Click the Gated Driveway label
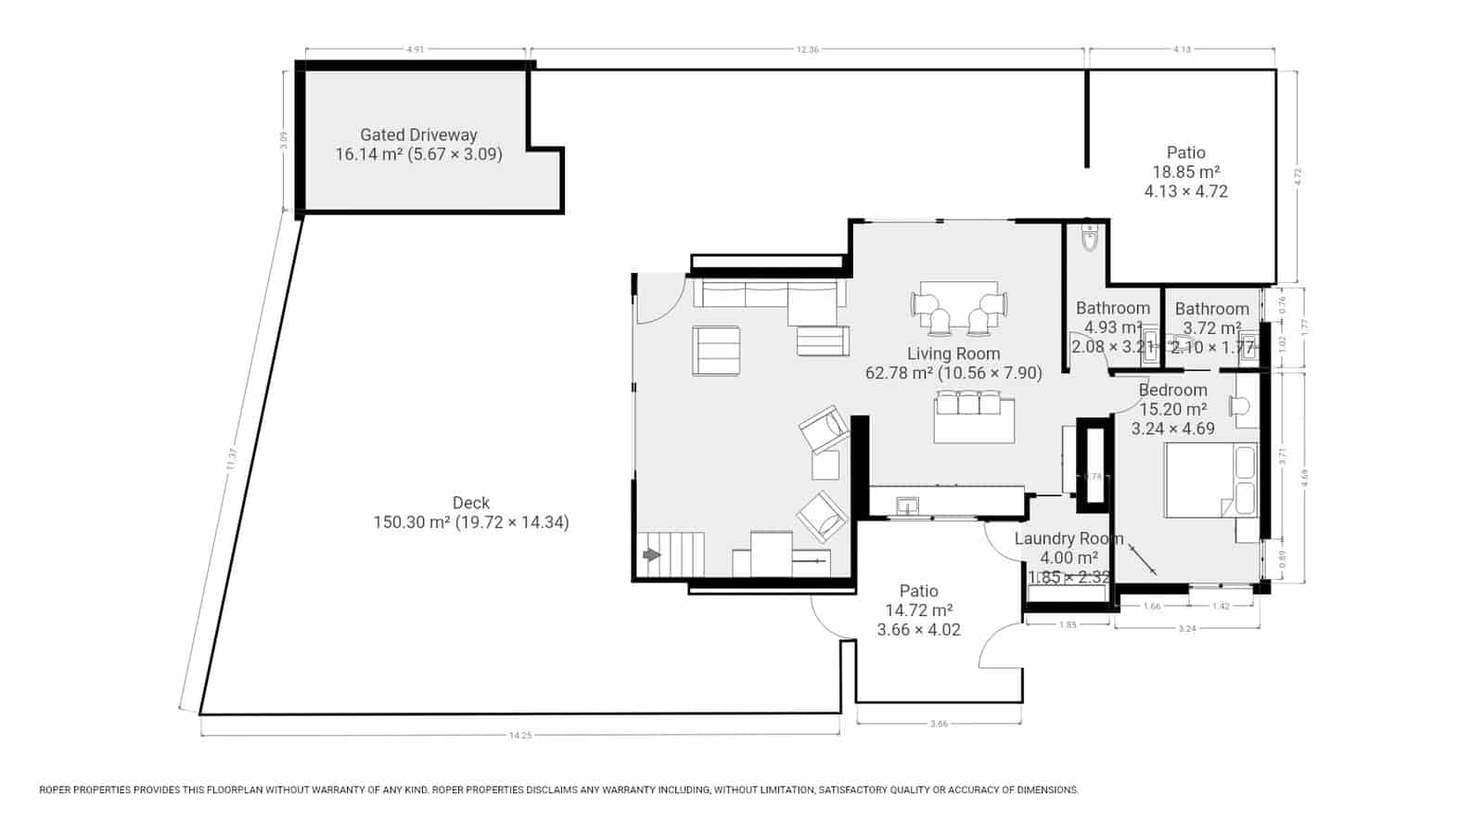[418, 135]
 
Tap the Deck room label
[471, 503]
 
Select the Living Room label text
[953, 353]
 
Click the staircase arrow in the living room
[652, 555]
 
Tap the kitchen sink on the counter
[908, 506]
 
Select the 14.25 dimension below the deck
[520, 736]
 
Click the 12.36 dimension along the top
[807, 50]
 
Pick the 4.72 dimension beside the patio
[1298, 176]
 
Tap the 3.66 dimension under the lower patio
[939, 725]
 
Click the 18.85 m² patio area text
[1185, 172]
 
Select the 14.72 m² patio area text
[918, 610]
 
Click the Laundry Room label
[1068, 538]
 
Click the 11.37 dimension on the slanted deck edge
[232, 459]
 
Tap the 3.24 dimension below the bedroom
[1186, 629]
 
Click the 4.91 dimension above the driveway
[416, 50]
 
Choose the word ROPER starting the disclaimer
[58, 790]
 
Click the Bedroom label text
[1173, 390]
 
